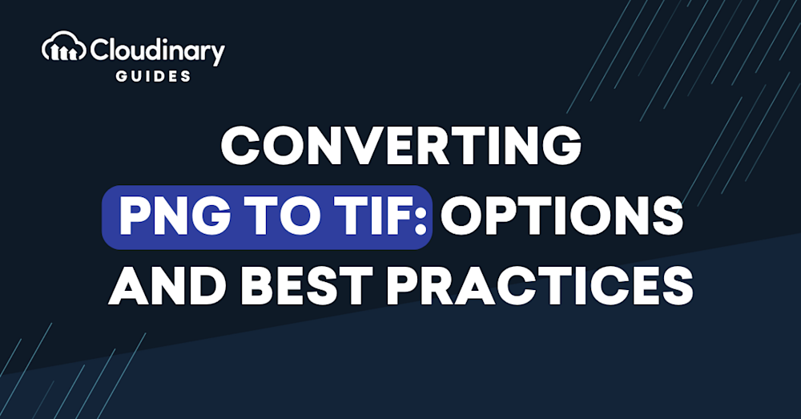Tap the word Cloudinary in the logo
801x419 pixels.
point(157,50)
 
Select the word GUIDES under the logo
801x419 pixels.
point(153,76)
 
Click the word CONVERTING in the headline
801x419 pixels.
point(401,145)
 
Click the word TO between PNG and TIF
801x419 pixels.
point(272,218)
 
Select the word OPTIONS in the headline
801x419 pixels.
point(562,217)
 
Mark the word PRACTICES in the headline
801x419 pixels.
point(539,285)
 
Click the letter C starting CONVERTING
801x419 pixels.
point(240,146)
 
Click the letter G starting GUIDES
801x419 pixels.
point(122,76)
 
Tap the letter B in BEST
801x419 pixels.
point(257,285)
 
